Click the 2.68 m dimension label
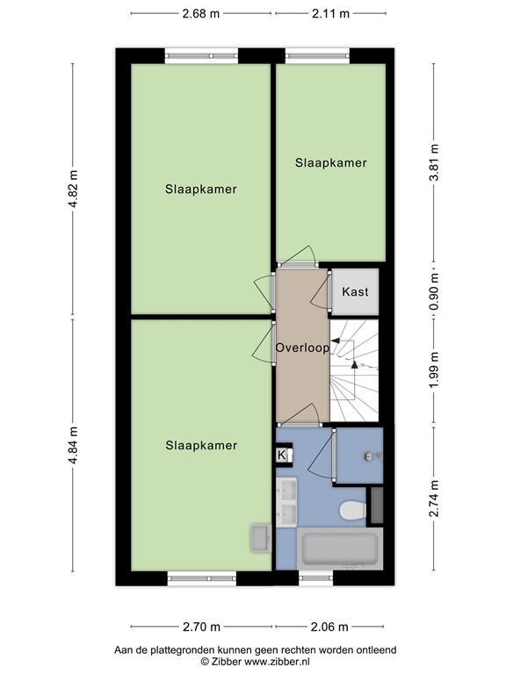click(x=201, y=13)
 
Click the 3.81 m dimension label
click(x=432, y=161)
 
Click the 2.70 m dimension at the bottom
click(x=201, y=627)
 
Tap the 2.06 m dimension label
click(x=330, y=627)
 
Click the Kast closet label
click(x=355, y=292)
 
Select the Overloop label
click(x=301, y=348)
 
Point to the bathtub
click(x=342, y=549)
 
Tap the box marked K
click(x=283, y=455)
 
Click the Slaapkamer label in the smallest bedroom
click(x=330, y=162)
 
